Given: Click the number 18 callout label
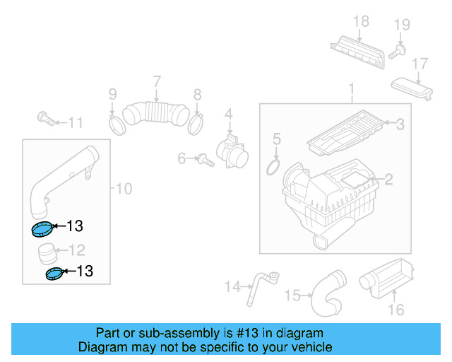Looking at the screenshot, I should tap(361, 21).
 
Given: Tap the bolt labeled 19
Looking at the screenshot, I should tap(400, 50).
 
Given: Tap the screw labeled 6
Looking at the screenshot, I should tap(202, 159).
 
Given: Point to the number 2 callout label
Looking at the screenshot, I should tap(388, 180).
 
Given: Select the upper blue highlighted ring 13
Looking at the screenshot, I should tap(43, 228).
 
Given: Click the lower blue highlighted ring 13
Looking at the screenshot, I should tap(54, 274).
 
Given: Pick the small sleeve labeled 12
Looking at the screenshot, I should tap(47, 251).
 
